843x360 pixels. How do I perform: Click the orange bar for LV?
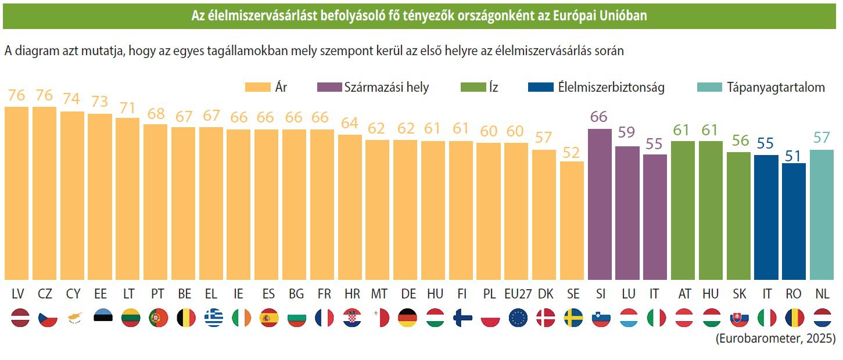tap(16, 193)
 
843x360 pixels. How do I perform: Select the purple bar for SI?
tap(600, 204)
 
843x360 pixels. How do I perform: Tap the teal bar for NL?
tap(822, 215)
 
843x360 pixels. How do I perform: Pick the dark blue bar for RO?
tap(794, 221)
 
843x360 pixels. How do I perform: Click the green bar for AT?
tap(683, 210)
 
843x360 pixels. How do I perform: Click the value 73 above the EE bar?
tap(99, 102)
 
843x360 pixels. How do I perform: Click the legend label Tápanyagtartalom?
tap(775, 88)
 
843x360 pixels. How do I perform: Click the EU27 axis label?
tap(516, 294)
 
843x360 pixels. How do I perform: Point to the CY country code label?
tap(72, 294)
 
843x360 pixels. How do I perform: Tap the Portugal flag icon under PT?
tap(158, 318)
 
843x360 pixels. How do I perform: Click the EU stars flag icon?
tap(517, 318)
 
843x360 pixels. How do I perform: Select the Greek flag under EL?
tap(213, 318)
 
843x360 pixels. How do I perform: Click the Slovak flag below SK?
tap(738, 318)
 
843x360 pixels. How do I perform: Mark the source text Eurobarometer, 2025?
tap(775, 339)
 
